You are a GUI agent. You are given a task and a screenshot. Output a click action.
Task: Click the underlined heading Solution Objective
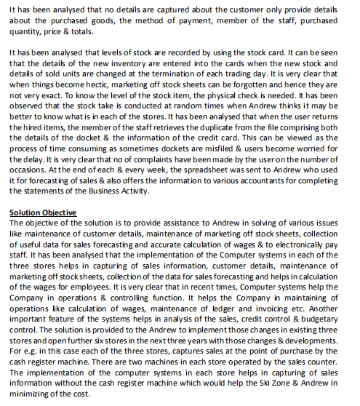coord(43,212)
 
